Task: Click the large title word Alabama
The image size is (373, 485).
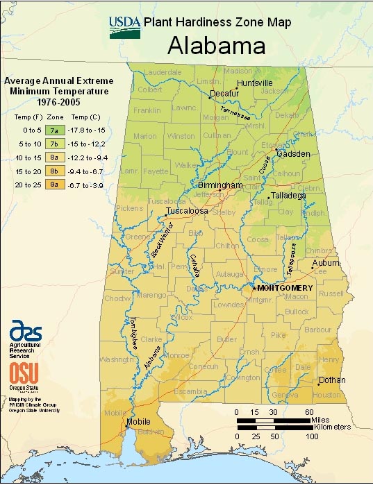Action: [x=217, y=46]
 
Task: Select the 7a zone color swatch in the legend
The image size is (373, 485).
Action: [x=53, y=130]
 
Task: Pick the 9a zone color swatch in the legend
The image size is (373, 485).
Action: [x=53, y=185]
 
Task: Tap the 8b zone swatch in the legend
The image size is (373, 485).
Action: [x=53, y=171]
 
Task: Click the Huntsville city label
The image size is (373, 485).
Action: [x=255, y=83]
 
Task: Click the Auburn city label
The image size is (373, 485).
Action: [x=325, y=264]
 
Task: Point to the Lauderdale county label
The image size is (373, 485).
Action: [x=163, y=71]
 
